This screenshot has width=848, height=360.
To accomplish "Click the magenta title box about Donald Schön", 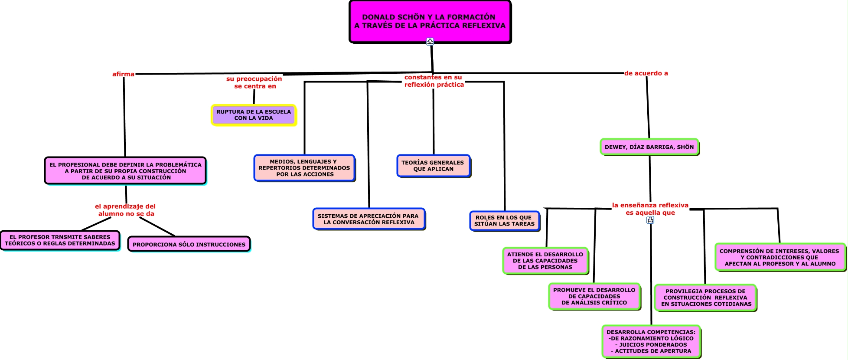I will click(430, 21).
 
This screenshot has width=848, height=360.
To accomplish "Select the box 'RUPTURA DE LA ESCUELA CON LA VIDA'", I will click(254, 115).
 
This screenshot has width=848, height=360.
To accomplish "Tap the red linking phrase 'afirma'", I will click(123, 74).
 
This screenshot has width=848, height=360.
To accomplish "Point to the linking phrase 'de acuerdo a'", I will click(646, 73).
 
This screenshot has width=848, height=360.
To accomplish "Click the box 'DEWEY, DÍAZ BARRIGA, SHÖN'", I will click(649, 147).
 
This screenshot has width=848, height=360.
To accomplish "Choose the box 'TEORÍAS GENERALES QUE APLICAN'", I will click(433, 166).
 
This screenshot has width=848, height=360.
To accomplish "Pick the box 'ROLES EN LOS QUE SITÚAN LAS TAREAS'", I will click(504, 221).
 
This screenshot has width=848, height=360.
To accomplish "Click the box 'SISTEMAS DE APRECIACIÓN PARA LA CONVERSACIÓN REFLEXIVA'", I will click(369, 219).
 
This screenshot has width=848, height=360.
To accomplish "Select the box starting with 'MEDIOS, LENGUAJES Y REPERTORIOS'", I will click(304, 168).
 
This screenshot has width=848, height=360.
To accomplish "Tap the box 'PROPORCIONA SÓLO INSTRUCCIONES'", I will click(189, 244).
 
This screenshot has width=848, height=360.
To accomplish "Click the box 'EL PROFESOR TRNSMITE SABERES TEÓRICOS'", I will click(60, 240).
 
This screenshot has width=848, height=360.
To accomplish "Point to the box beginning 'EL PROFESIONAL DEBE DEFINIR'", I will click(125, 171).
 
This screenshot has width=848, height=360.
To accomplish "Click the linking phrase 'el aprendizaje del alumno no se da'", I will click(125, 210).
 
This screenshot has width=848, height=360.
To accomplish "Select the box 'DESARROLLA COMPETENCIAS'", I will click(651, 341).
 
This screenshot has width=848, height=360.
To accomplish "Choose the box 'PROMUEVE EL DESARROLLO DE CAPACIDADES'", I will click(594, 296).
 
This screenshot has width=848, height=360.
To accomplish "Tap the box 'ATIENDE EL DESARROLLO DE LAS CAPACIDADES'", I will click(545, 261).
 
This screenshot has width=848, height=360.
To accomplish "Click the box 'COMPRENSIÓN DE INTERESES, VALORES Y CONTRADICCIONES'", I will click(780, 257).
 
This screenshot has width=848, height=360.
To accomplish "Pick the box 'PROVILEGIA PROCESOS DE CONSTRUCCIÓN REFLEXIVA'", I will click(705, 298).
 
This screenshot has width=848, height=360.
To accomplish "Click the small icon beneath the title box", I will click(430, 42).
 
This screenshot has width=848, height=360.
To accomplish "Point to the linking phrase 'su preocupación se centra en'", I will click(254, 82).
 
